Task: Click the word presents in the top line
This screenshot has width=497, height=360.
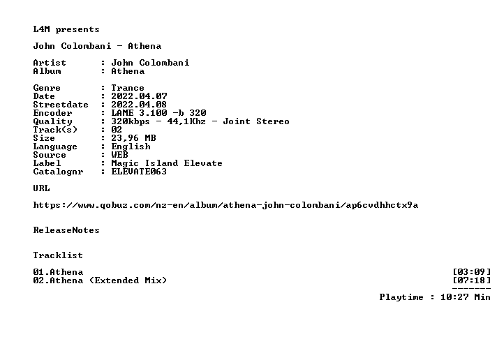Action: pos(77,30)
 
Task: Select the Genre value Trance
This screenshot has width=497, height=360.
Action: pos(128,88)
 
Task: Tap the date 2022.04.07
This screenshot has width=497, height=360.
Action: pos(139,96)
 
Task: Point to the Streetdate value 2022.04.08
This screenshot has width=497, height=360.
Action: pos(139,105)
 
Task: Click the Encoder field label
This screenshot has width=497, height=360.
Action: pos(52,113)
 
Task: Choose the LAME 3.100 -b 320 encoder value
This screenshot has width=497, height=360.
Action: pos(158,113)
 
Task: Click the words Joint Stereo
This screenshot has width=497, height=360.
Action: pos(256,121)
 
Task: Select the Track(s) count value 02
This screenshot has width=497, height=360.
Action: pos(117,130)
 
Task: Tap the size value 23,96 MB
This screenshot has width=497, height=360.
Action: pos(134,138)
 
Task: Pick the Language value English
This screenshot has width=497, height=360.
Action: pos(131,147)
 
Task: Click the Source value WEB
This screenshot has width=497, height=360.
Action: pos(120,155)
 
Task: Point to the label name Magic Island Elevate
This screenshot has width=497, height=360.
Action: pos(167,163)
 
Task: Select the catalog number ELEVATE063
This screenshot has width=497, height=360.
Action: pos(139,172)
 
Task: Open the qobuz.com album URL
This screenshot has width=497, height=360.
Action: pos(225,205)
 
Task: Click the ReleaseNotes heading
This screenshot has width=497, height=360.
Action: pos(66,230)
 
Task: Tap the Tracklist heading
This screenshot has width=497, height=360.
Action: pos(58,255)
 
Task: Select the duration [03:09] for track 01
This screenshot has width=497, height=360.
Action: pos(472,272)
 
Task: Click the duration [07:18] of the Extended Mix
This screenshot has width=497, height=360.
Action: pos(472,280)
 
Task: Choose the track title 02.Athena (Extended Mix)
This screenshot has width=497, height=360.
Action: pos(100,280)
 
